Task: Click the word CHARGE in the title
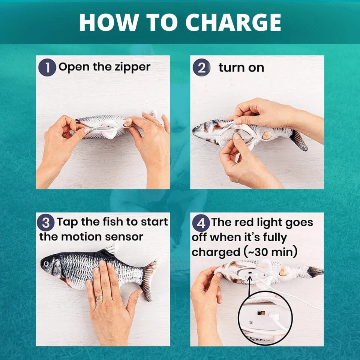[233, 22]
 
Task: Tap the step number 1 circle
[47, 67]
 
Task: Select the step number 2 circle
[201, 67]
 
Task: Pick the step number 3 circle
[46, 222]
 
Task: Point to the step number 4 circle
[201, 223]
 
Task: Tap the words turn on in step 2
[241, 68]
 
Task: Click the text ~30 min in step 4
[270, 252]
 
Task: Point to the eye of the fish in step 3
[46, 264]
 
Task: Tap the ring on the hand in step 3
[99, 297]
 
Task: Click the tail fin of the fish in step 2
[298, 140]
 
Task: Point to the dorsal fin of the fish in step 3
[110, 250]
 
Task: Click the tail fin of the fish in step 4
[315, 271]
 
